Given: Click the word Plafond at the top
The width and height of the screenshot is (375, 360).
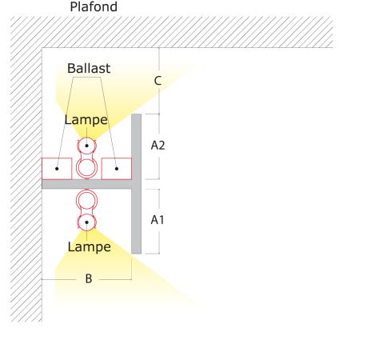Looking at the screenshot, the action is (x=94, y=6).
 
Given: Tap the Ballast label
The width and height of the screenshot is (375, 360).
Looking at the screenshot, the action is (x=89, y=68).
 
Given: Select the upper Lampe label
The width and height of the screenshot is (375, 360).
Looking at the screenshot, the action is (x=86, y=120).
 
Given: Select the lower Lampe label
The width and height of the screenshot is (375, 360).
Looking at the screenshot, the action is (x=90, y=247).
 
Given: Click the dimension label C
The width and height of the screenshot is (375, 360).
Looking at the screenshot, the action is (x=158, y=81).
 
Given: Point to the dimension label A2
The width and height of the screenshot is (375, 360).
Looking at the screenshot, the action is (x=158, y=146).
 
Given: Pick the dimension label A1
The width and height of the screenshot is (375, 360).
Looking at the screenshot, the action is (x=158, y=220).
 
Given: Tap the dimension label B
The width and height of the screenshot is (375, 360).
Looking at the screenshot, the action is (x=89, y=278).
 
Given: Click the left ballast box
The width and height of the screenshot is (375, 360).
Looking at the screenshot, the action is (x=57, y=169).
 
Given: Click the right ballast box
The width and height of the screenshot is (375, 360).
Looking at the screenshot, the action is (x=117, y=169).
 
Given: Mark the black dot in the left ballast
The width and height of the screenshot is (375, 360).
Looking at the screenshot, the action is (x=57, y=169).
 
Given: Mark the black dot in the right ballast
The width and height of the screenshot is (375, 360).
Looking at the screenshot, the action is (x=117, y=169).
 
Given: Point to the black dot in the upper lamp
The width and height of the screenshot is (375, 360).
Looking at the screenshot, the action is (x=86, y=146).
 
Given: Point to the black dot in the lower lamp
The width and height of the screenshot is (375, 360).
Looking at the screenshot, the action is (x=86, y=222).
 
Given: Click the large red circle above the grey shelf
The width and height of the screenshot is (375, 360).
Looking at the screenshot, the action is (x=86, y=159).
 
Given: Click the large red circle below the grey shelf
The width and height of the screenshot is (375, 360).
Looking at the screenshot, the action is (x=86, y=190).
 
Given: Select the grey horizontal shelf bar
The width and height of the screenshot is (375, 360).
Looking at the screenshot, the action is (x=86, y=184).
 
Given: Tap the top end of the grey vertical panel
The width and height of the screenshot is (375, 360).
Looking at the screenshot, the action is (x=137, y=114).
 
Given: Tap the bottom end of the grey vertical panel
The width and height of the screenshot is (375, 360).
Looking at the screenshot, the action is (x=137, y=253).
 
